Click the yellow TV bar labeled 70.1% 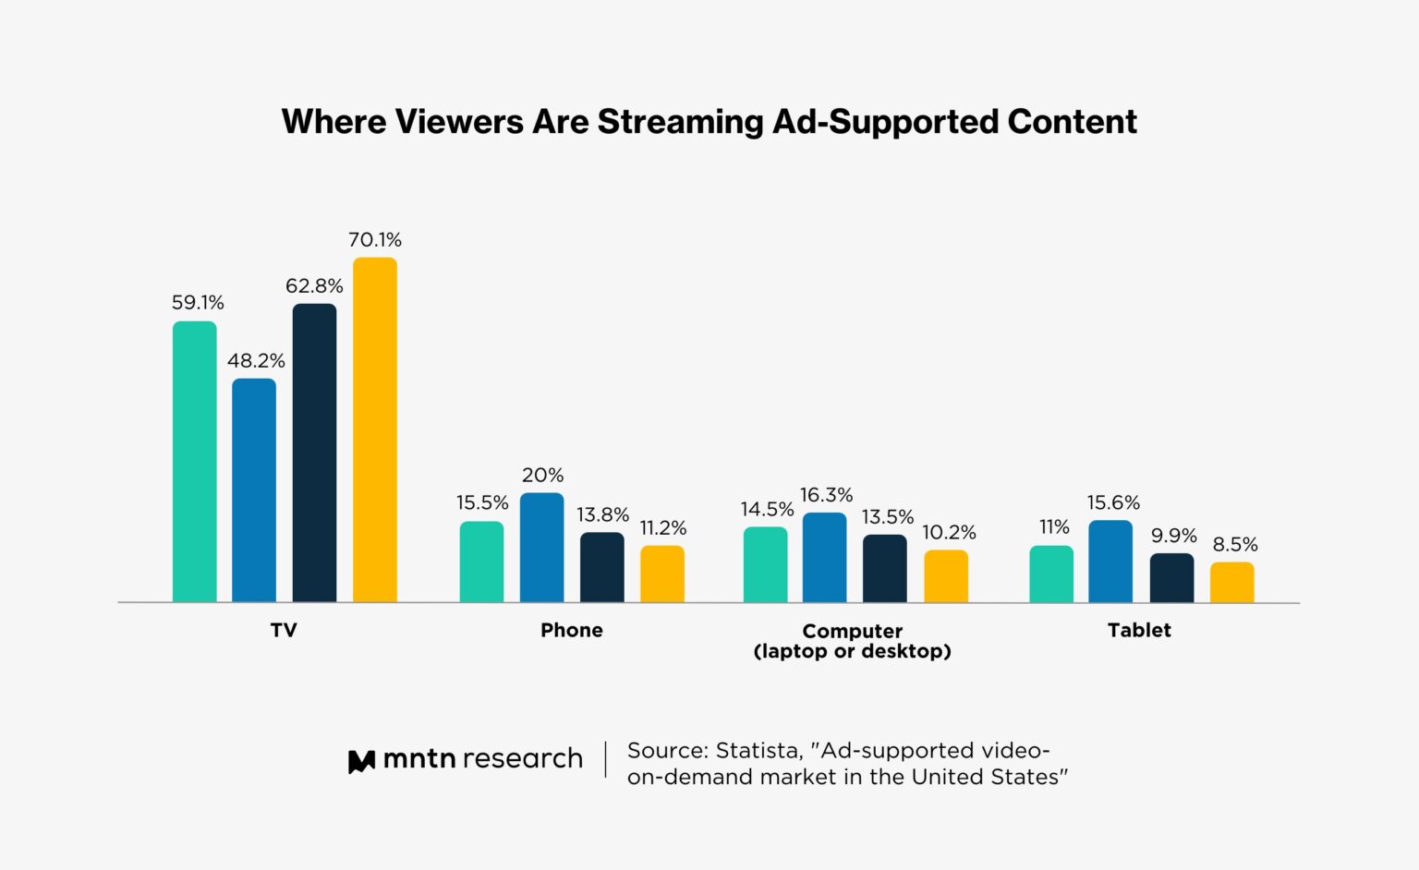375,429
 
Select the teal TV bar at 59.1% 195,462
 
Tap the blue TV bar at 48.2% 254,489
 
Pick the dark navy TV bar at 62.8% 314,453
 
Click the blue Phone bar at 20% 542,547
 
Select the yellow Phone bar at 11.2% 662,574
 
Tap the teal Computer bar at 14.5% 766,564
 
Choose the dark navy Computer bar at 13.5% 885,568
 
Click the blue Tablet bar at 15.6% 1110,561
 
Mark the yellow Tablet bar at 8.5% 1232,582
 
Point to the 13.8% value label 602,514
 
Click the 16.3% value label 826,495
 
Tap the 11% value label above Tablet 1054,526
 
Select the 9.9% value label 1173,536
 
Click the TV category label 284,630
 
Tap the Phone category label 572,630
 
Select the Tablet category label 1139,630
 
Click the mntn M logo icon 361,761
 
